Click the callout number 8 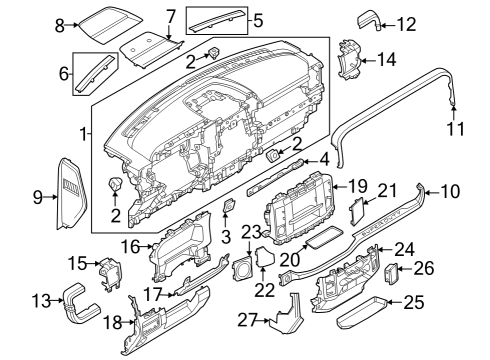coord(59,24)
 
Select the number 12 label coord(406,24)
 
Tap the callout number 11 coord(456,128)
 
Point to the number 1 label coord(84,132)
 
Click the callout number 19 coord(357,186)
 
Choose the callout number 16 coord(130,245)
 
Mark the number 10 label coord(450,189)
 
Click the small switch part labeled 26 coord(393,270)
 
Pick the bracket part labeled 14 coord(350,60)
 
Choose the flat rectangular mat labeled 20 coord(323,239)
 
